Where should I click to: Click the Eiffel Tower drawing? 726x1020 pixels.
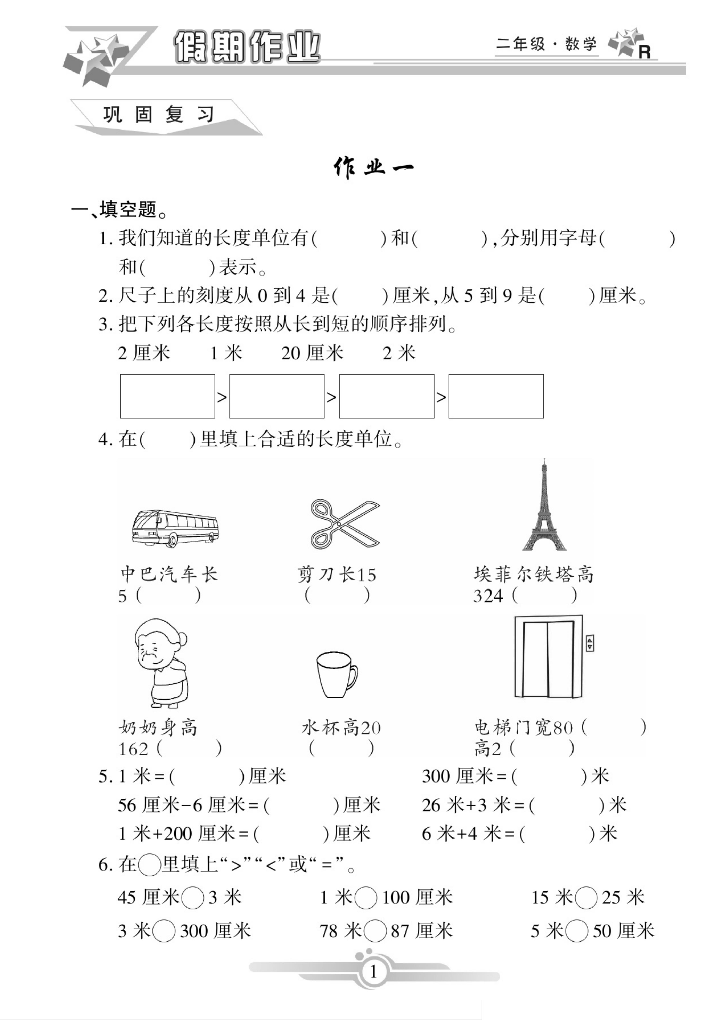544,507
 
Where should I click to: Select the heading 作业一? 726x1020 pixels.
373,168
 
